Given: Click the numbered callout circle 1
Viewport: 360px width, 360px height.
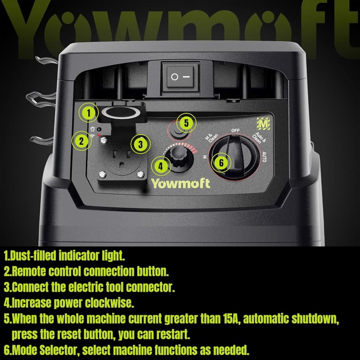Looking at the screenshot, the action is [x=89, y=113].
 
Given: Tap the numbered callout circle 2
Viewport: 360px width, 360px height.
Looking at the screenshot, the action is [x=81, y=141].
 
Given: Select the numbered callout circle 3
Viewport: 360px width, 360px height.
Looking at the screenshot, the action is [x=140, y=144].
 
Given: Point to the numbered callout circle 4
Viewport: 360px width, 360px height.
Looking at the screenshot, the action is [x=161, y=166].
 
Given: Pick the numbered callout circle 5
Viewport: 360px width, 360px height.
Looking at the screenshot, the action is [x=186, y=123].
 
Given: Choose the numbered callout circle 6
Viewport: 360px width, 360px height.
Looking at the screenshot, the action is [x=221, y=163].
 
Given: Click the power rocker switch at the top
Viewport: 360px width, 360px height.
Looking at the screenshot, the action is [x=180, y=77].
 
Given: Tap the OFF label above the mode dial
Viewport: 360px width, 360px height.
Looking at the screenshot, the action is [x=235, y=130].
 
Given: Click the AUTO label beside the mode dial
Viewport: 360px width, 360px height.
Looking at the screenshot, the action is [x=264, y=157].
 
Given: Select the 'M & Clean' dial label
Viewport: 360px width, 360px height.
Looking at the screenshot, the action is [x=211, y=137].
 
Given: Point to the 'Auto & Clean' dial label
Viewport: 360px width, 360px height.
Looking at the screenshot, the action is [x=259, y=138].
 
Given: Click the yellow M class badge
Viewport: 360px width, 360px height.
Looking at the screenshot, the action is [x=263, y=124].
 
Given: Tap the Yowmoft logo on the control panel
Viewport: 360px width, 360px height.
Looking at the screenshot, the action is [x=181, y=183].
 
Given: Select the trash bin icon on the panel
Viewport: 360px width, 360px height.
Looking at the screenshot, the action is [x=93, y=129].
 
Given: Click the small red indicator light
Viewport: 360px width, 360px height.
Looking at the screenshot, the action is [x=99, y=135].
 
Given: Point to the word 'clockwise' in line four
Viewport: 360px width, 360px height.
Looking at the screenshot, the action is [x=109, y=303].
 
